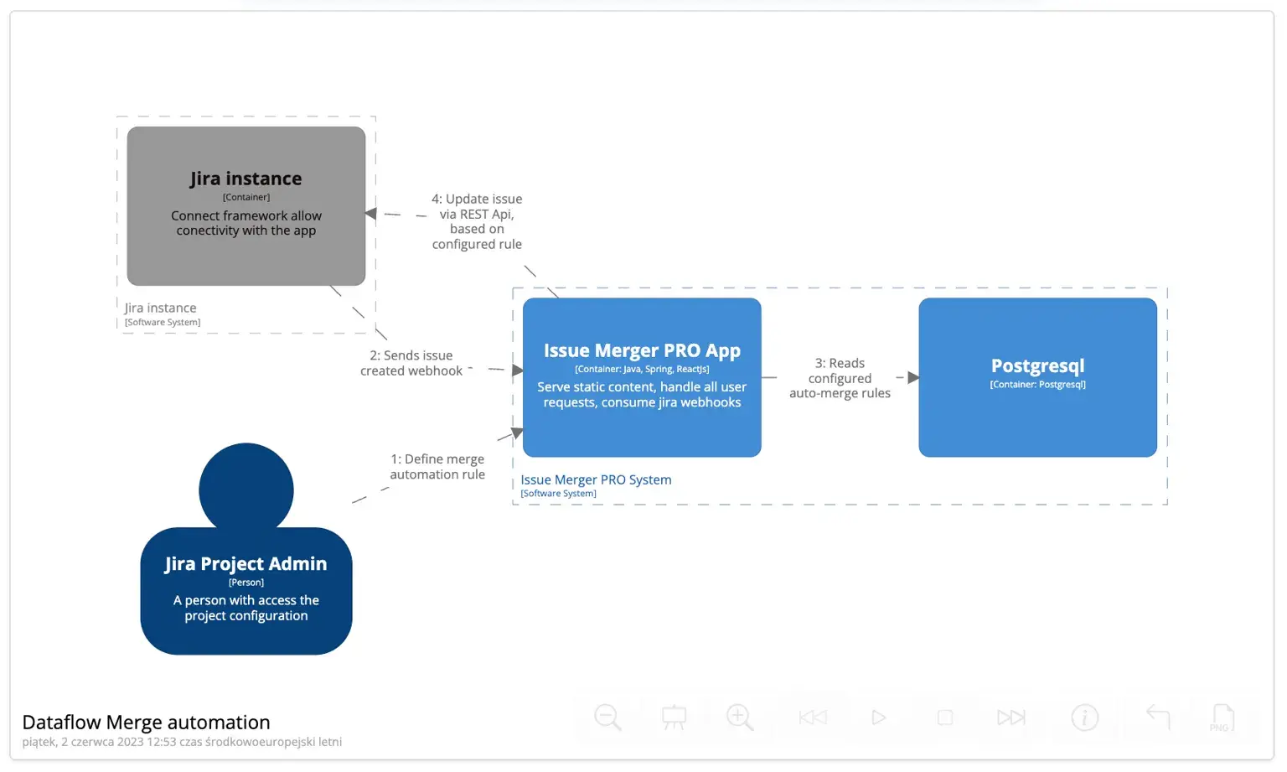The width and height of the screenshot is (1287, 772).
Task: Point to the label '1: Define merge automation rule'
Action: [x=437, y=467]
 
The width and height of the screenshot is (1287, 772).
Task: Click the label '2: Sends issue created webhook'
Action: [x=411, y=363]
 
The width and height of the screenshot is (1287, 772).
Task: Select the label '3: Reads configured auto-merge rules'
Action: [x=840, y=378]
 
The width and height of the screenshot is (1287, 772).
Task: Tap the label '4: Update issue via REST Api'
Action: [x=477, y=221]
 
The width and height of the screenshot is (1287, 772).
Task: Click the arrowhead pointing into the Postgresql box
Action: [x=913, y=377]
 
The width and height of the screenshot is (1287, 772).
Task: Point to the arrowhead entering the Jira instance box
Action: [x=371, y=214]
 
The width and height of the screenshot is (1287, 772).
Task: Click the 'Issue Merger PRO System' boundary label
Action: [x=596, y=479]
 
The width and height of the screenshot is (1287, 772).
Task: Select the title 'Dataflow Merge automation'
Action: [x=146, y=722]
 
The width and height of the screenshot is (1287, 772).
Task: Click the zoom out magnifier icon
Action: [x=607, y=718]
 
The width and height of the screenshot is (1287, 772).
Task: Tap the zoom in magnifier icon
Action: [x=740, y=718]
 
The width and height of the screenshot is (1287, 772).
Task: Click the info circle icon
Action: [x=1084, y=718]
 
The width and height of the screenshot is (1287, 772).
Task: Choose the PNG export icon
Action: [x=1222, y=718]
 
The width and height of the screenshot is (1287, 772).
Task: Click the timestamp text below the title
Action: [x=182, y=742]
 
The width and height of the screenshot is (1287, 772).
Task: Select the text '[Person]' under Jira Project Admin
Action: [x=246, y=582]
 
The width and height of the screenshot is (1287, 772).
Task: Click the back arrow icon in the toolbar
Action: [x=1158, y=717]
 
